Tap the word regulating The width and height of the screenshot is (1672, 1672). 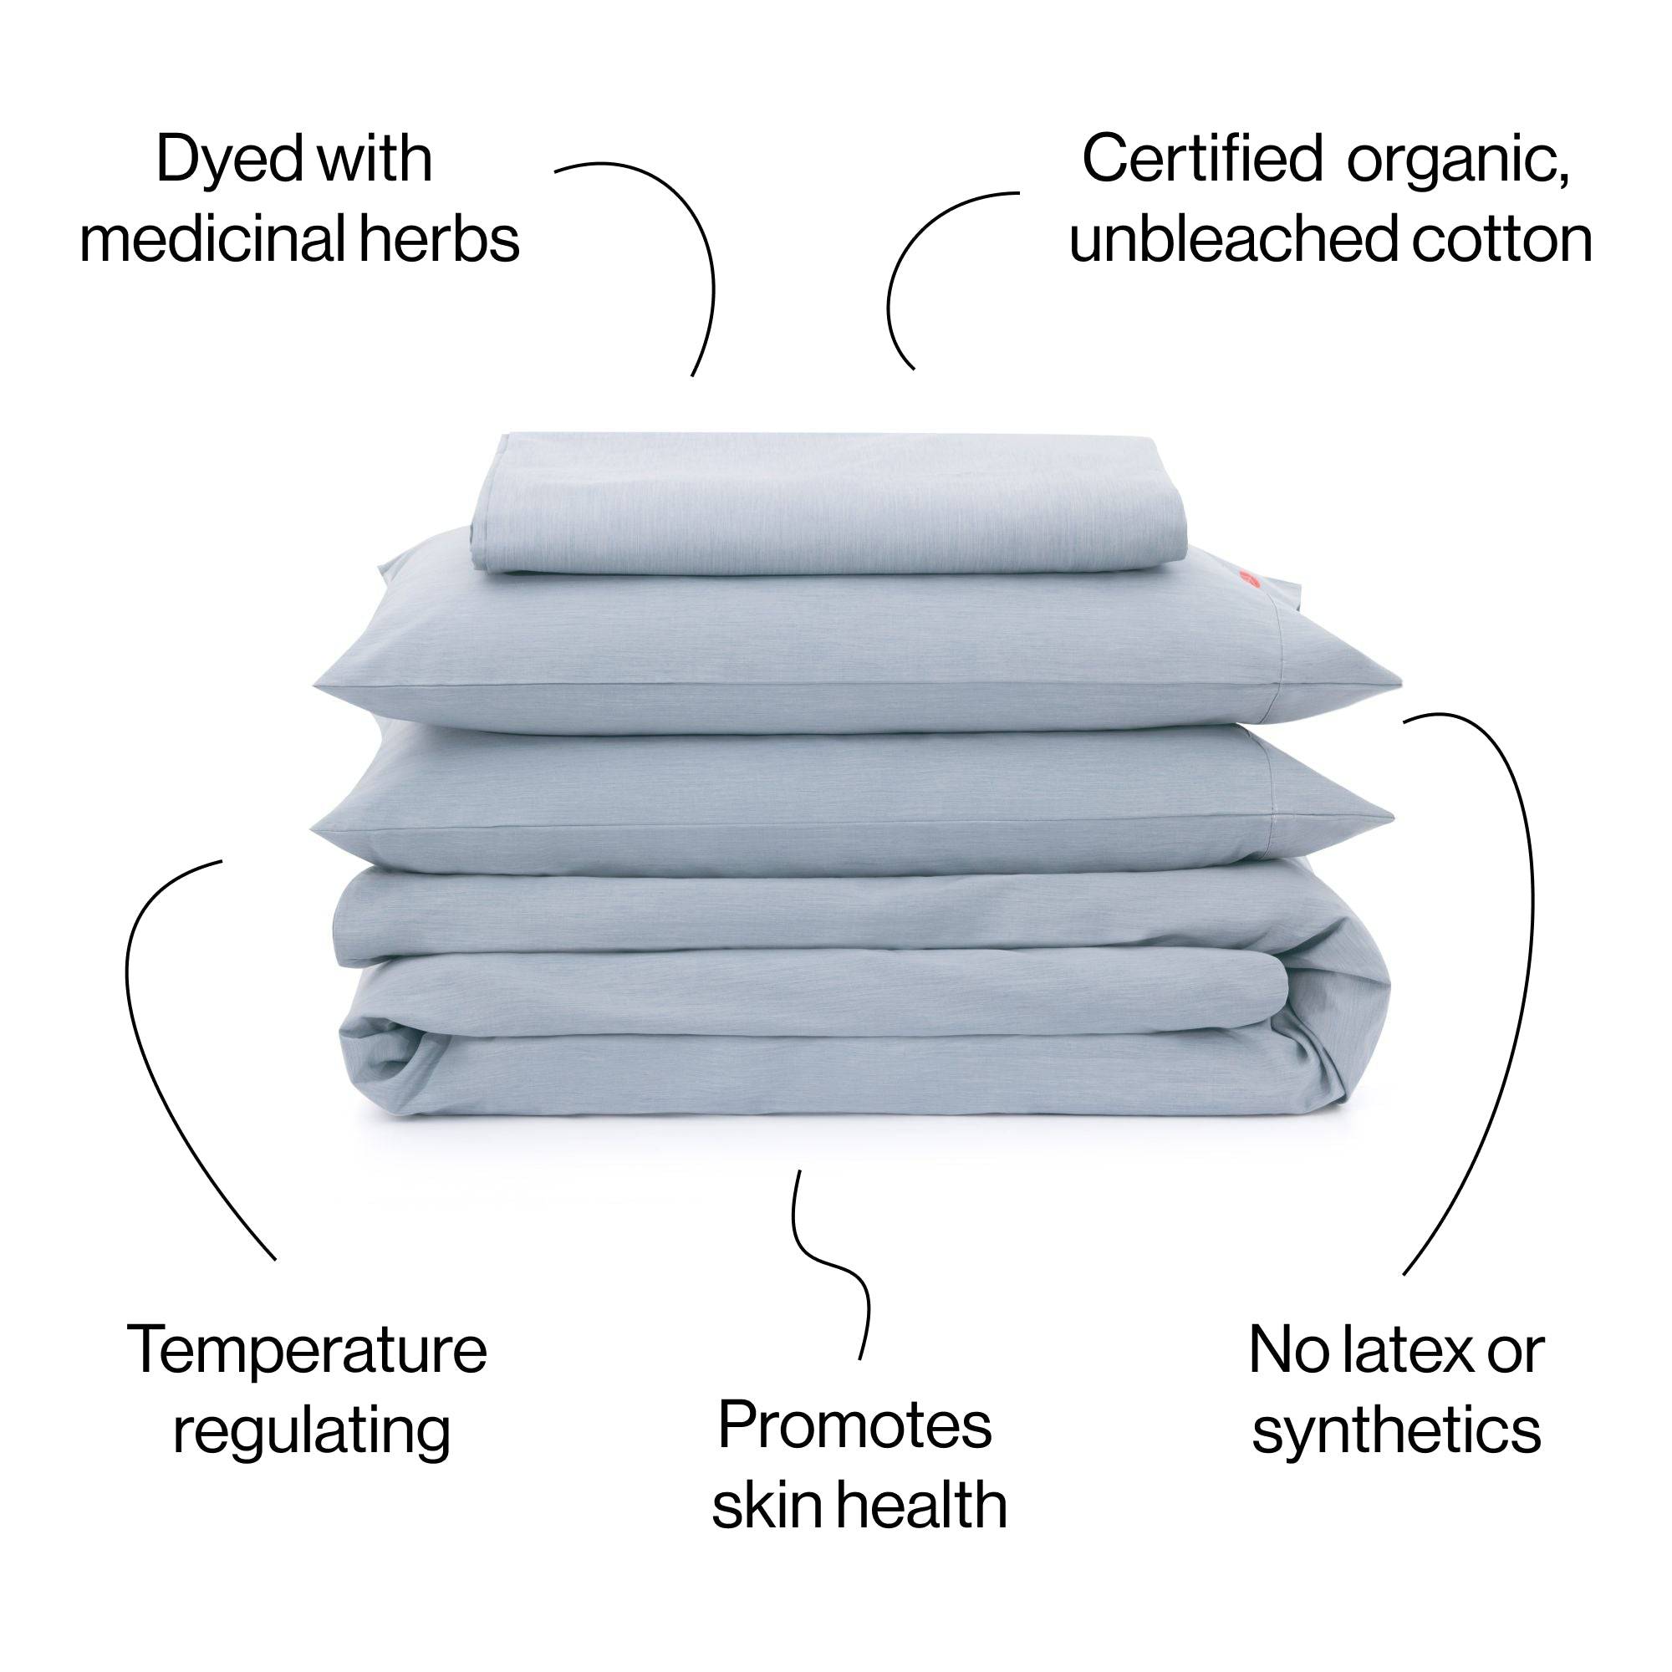pos(312,1431)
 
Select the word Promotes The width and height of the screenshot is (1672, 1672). pos(854,1426)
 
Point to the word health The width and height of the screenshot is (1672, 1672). pos(921,1506)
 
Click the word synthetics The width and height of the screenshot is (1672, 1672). pos(1397,1432)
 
